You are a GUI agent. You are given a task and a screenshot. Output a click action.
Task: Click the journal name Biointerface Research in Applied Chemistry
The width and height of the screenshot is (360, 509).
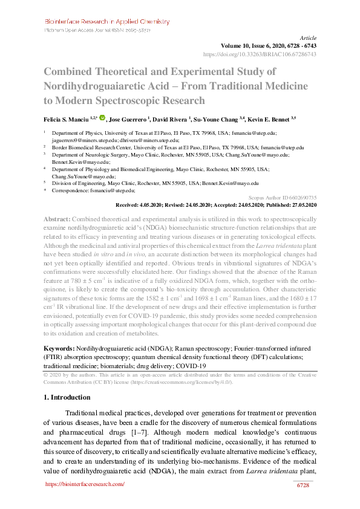click(x=107, y=21)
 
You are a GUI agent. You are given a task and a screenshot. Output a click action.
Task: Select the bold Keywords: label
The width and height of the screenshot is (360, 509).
click(x=59, y=349)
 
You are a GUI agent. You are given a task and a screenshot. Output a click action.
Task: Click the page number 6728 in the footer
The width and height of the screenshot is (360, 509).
click(x=304, y=485)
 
